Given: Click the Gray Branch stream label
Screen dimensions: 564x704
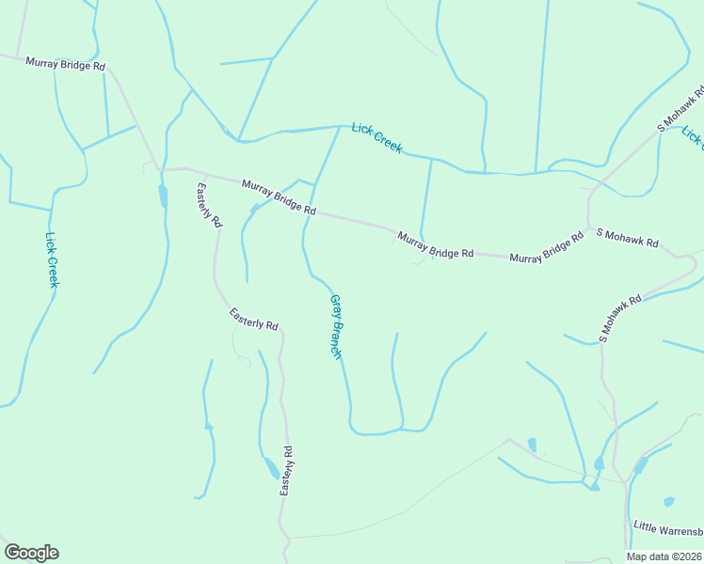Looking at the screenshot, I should pyautogui.click(x=335, y=325).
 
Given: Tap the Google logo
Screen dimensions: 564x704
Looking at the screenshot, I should pyautogui.click(x=31, y=553).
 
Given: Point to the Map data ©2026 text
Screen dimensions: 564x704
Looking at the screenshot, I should pyautogui.click(x=664, y=556).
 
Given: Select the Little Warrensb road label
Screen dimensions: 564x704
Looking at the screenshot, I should pyautogui.click(x=667, y=526).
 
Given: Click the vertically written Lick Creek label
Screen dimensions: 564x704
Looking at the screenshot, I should pyautogui.click(x=53, y=260).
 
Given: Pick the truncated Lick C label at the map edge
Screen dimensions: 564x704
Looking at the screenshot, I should pyautogui.click(x=693, y=137).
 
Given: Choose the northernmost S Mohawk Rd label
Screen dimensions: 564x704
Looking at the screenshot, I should pyautogui.click(x=680, y=113).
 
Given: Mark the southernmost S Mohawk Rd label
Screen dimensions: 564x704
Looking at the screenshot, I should pyautogui.click(x=620, y=318).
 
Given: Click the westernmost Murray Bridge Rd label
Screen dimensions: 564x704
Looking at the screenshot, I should pyautogui.click(x=65, y=64).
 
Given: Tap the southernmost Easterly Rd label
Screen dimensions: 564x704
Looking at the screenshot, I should pyautogui.click(x=286, y=471).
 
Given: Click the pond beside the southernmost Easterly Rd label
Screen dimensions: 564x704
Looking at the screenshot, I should pyautogui.click(x=270, y=467).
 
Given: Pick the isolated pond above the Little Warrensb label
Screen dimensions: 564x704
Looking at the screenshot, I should pyautogui.click(x=668, y=502).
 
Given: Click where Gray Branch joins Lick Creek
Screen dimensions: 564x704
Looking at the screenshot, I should pyautogui.click(x=340, y=126).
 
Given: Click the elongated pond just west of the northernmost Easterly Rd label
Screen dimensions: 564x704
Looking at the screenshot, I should pyautogui.click(x=163, y=196).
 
